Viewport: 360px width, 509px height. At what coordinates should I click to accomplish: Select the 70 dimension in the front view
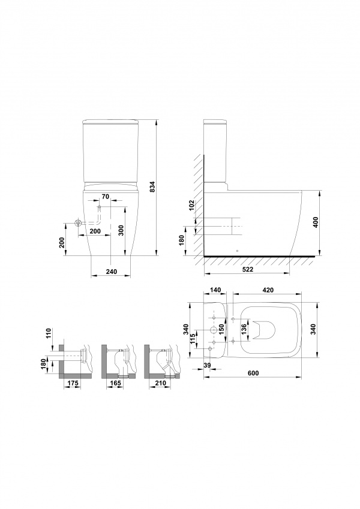[106, 196]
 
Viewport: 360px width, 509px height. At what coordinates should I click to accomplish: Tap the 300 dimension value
[121, 230]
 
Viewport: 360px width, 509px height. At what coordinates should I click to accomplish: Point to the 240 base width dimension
[111, 272]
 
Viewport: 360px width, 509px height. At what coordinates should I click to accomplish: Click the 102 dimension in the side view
[191, 206]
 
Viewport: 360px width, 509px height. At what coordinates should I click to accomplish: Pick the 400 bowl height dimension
[316, 222]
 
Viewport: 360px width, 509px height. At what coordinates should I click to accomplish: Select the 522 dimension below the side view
[248, 269]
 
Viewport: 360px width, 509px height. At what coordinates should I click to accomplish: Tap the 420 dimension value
[268, 290]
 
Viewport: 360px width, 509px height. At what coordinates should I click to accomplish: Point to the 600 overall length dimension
[253, 373]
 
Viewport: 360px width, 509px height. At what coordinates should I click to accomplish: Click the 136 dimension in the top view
[244, 330]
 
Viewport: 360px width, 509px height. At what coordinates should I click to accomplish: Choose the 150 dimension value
[221, 330]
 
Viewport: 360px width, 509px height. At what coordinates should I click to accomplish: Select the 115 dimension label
[193, 339]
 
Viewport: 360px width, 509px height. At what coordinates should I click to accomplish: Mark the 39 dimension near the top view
[207, 366]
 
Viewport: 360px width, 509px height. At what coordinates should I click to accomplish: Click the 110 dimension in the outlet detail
[49, 334]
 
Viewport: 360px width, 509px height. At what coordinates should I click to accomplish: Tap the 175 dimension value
[73, 383]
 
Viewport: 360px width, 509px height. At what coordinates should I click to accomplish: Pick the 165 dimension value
[115, 383]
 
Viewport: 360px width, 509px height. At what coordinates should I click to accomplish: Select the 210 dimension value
[161, 383]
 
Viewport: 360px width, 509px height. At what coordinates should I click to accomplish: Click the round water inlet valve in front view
[78, 223]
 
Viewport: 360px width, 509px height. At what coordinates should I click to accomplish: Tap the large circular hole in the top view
[214, 330]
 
